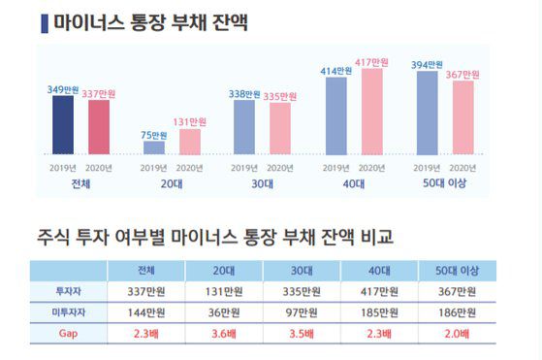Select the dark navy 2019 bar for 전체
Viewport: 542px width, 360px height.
pos(63,125)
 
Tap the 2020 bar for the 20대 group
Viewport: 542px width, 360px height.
pos(190,142)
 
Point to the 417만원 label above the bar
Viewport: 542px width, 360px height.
pos(372,63)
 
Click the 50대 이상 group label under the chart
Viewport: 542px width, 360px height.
pos(447,184)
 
